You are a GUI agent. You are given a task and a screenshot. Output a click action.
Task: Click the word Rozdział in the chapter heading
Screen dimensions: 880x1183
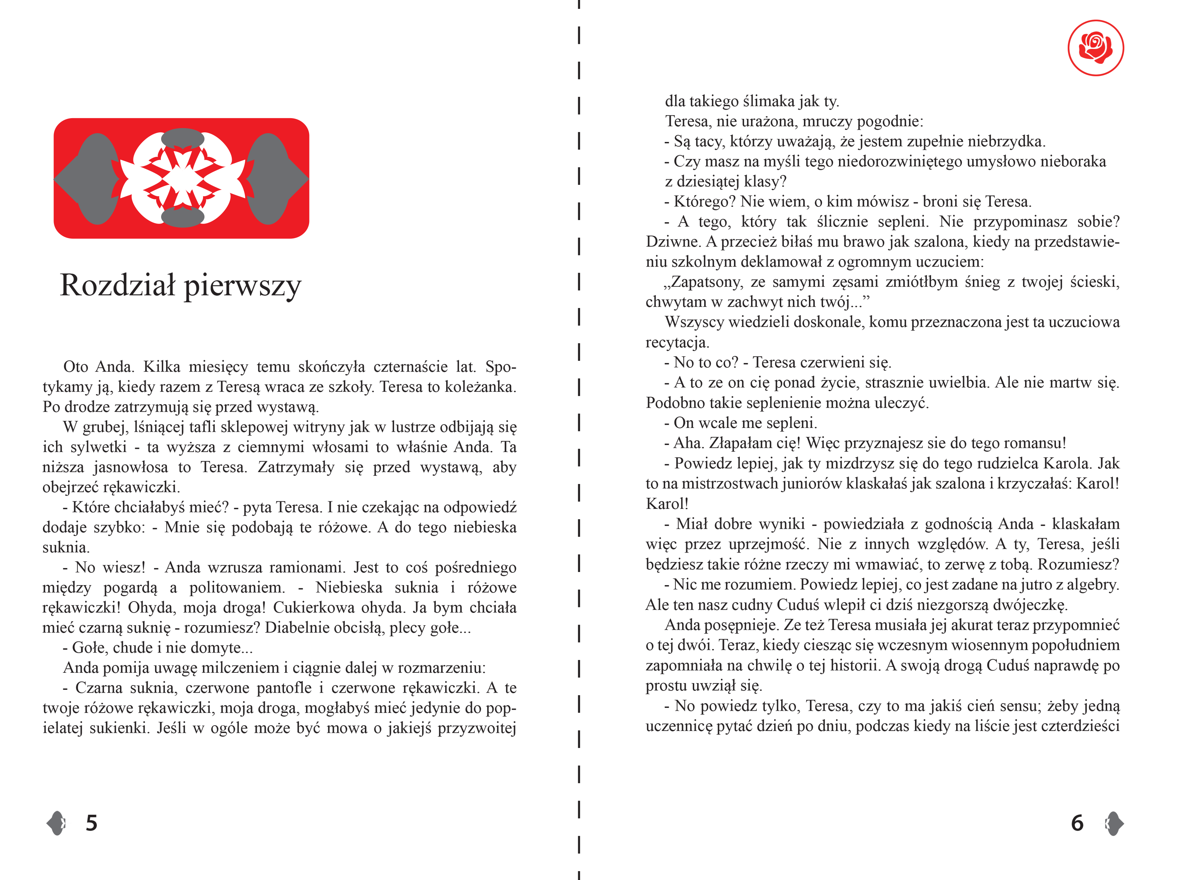117,285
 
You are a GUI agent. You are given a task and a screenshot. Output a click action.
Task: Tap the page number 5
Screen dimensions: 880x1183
92,823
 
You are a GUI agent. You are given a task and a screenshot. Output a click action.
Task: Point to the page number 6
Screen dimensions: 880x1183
1077,823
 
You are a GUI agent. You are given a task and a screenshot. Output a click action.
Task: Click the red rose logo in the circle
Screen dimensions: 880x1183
1096,48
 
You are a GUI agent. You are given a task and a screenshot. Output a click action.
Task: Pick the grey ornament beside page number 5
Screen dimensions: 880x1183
56,823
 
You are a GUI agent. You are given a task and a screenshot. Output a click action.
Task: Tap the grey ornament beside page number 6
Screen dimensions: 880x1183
1114,823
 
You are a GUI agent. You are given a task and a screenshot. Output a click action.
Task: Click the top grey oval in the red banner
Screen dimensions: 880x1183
182,138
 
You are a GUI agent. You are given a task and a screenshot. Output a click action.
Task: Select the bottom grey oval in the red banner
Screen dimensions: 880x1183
182,217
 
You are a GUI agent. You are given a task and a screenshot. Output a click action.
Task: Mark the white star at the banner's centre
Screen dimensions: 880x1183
182,178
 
